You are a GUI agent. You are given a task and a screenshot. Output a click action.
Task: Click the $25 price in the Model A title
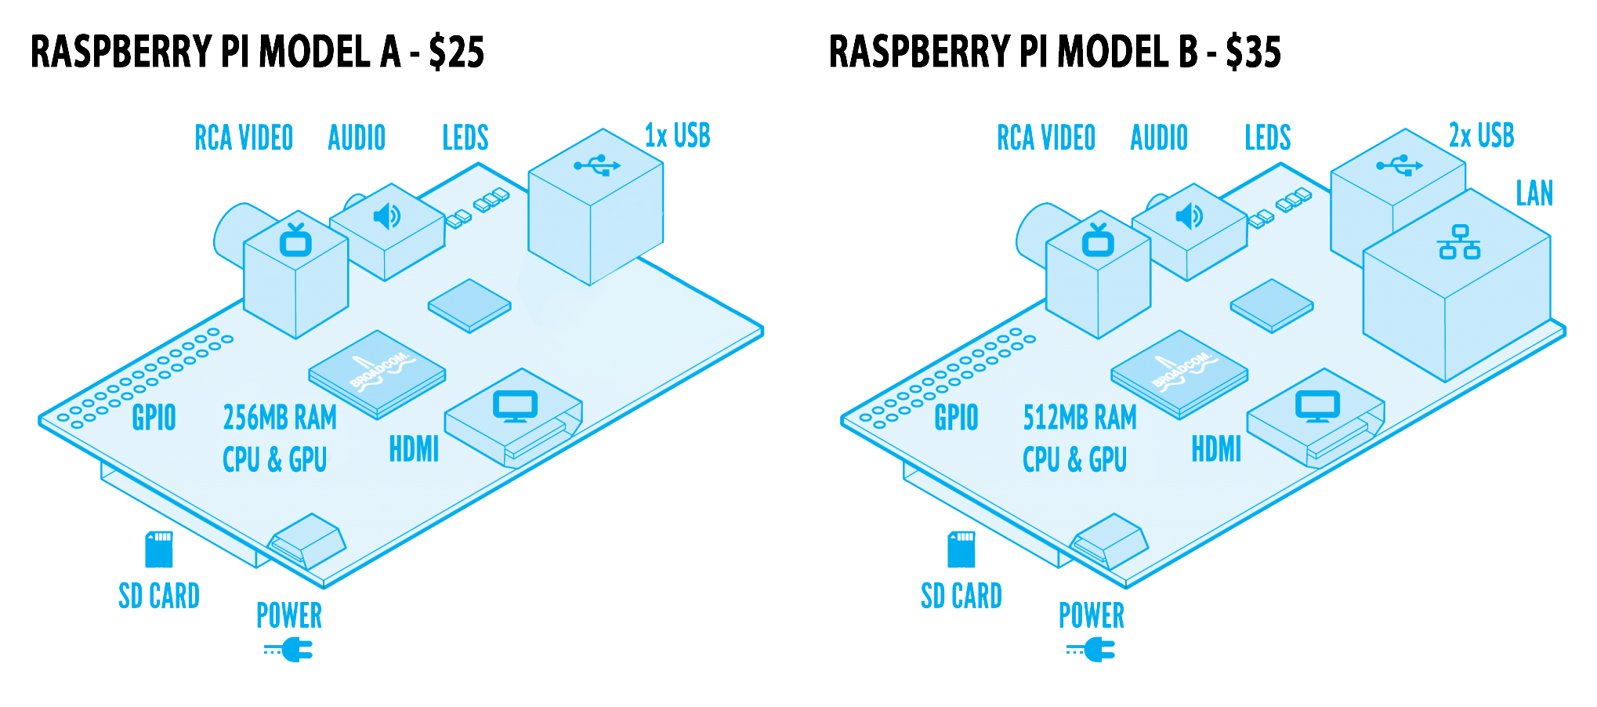457,53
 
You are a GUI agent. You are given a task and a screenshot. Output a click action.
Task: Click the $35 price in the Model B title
1254,53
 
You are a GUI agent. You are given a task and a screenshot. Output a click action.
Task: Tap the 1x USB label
677,136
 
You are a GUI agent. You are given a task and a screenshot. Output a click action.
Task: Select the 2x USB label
1481,136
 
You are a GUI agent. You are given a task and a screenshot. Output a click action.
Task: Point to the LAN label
1534,194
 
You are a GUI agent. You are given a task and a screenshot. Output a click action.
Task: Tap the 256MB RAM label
280,418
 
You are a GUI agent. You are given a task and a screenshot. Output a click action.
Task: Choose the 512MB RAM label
1080,418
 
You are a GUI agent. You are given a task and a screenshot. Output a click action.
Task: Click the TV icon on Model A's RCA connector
295,241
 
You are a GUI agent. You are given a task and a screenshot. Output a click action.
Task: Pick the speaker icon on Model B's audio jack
1189,216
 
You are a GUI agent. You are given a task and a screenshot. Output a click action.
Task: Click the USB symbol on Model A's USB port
597,165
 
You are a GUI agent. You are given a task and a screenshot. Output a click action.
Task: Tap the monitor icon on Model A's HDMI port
515,406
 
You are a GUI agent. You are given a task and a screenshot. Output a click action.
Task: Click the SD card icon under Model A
159,549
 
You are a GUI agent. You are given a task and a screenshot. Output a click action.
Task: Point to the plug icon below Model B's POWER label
1092,650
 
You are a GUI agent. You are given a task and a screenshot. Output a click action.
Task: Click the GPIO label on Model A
154,418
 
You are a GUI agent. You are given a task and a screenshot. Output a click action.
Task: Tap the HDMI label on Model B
1216,450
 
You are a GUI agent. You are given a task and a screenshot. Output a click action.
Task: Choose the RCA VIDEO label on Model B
1046,138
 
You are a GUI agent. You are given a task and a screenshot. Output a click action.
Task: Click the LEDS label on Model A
465,138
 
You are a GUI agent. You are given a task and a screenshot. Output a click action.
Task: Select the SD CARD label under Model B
961,596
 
